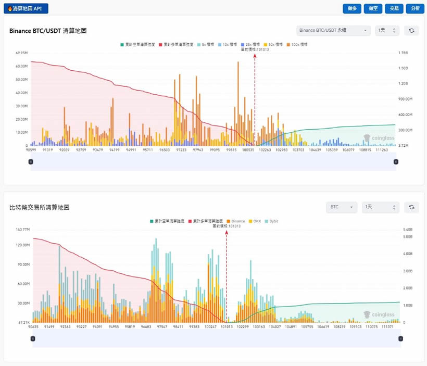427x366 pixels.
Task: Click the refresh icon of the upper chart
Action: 411,31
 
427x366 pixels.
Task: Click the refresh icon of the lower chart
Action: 411,207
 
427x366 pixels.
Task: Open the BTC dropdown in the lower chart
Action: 342,207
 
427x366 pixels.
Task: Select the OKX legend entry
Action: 255,221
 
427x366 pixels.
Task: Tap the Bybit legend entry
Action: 273,221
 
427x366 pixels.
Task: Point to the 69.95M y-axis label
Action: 21,53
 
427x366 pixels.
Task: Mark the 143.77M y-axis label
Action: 22,229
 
